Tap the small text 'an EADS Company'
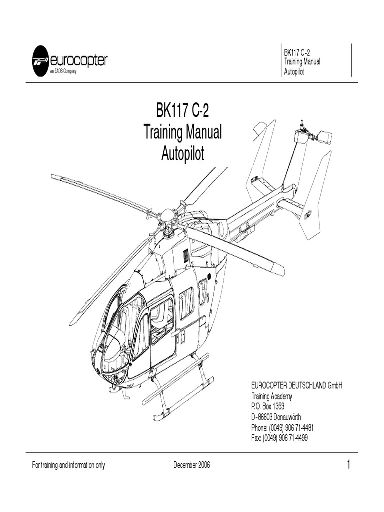coord(63,72)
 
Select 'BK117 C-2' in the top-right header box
coord(297,53)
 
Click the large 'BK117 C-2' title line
coord(182,110)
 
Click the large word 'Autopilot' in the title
coord(183,153)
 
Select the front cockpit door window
coord(141,332)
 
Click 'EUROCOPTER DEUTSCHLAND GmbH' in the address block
coord(297,386)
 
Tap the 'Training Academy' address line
coord(271,396)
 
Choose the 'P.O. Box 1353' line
coord(268,407)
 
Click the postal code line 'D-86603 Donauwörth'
coord(276,417)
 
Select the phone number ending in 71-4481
coord(282,428)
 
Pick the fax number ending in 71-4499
coord(279,438)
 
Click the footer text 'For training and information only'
coord(68,465)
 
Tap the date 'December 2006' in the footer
coord(192,465)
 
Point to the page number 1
coord(348,464)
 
